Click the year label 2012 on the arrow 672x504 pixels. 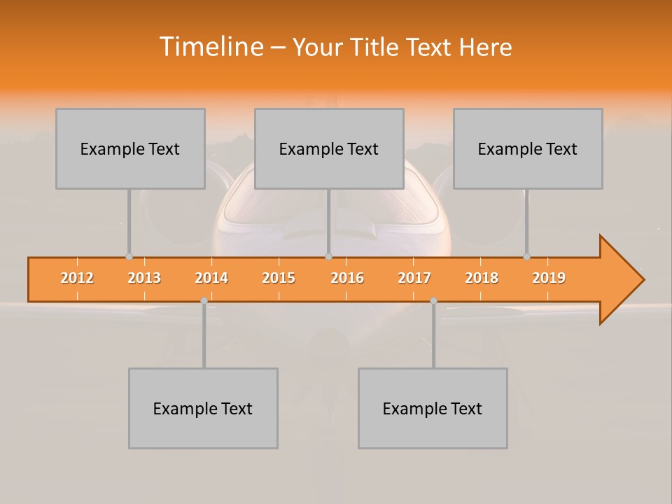[x=77, y=278]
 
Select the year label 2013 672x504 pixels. [x=144, y=278]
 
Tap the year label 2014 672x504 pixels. [x=211, y=278]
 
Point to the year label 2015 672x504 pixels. [x=279, y=278]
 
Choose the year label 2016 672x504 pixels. [x=347, y=278]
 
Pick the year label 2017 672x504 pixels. [x=414, y=278]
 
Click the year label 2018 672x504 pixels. [x=482, y=278]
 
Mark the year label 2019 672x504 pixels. [x=549, y=278]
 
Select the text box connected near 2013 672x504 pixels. [x=130, y=148]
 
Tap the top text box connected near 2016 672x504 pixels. [x=329, y=148]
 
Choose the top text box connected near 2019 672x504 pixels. [x=528, y=148]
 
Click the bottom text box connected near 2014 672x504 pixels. [x=203, y=408]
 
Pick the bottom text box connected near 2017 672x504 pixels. [x=433, y=408]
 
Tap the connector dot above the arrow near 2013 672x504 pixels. [x=129, y=256]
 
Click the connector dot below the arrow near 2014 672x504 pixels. [x=204, y=300]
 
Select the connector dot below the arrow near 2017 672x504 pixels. [x=433, y=300]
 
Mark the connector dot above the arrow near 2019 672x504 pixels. [x=526, y=256]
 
